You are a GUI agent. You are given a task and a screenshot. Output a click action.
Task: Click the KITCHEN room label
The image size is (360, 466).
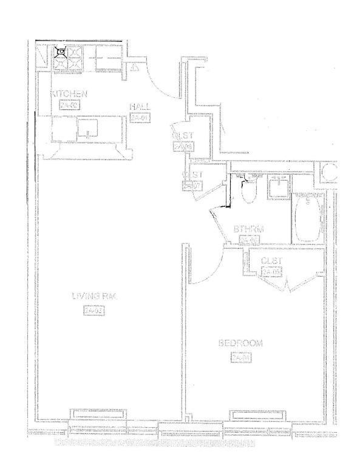pos(69,94)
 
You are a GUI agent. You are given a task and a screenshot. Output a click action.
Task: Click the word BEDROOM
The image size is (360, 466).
pos(240,343)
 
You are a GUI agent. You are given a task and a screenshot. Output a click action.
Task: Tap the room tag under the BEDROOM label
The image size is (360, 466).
pos(240,358)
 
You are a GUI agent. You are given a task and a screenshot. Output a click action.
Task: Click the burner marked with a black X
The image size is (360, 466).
pos(61,52)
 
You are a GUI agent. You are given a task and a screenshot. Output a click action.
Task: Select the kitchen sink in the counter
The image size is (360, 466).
pos(87,129)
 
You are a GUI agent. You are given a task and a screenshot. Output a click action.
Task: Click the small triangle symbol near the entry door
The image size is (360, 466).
pos(135,67)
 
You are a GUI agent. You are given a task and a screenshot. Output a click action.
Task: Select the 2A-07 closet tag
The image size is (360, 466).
pos(189,186)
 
